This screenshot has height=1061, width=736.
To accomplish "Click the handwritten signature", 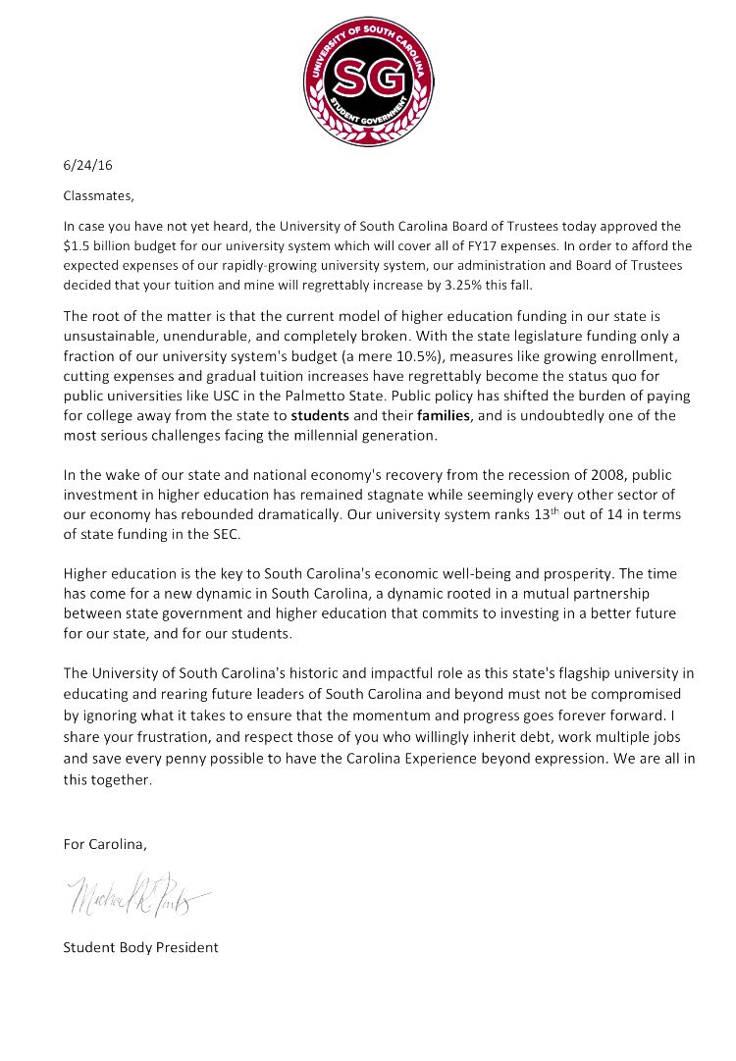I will coord(135,894).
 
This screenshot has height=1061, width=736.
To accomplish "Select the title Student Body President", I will coord(140,947).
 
